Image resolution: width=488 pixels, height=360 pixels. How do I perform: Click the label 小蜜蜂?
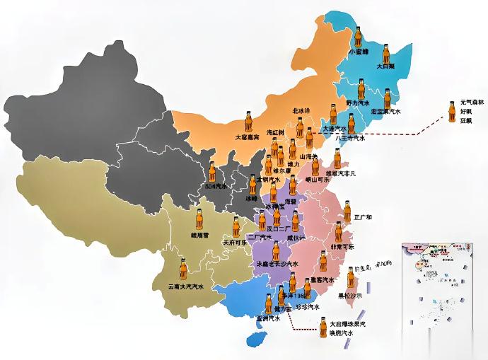359,52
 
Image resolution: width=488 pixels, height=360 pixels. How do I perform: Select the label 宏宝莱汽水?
386,112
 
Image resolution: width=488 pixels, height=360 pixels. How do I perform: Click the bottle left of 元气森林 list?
451,110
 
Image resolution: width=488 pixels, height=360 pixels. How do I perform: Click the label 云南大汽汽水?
185,286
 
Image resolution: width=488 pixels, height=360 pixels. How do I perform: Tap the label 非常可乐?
346,247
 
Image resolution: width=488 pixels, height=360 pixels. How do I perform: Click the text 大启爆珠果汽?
347,324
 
